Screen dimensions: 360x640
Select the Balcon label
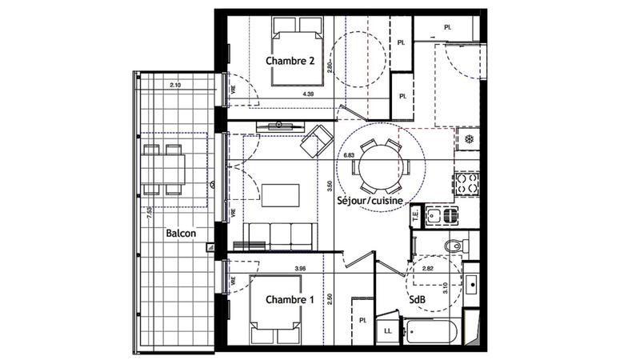pos(182,234)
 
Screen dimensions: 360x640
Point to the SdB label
pos(417,300)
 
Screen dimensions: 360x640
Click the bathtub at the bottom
pos(432,330)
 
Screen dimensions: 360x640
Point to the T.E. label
pos(415,214)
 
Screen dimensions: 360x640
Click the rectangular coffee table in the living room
pos(280,196)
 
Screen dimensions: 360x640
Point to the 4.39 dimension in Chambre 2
pos(307,94)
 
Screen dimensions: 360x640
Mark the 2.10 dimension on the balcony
pos(175,85)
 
